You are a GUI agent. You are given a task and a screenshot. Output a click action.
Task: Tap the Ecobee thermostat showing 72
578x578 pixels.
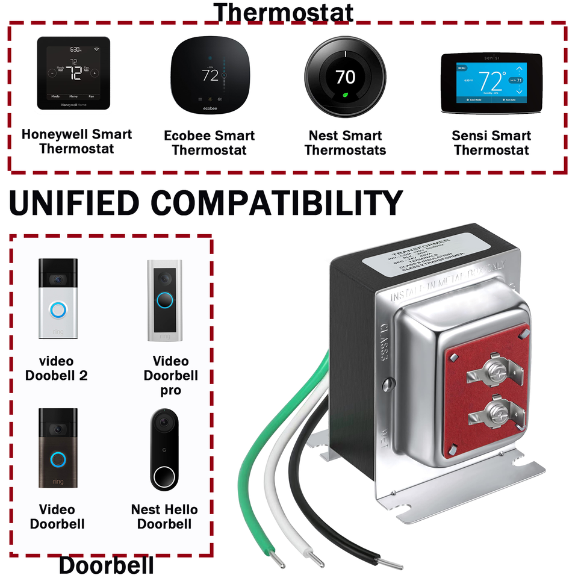click(x=210, y=73)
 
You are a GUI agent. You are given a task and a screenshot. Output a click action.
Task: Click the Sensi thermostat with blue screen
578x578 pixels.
click(x=491, y=82)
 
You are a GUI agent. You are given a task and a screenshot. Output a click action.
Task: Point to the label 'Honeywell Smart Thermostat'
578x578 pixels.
click(x=76, y=141)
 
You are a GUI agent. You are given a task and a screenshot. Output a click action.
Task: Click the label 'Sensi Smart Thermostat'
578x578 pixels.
click(x=491, y=143)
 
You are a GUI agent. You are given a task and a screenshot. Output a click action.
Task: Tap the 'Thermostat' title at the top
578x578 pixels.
click(x=283, y=12)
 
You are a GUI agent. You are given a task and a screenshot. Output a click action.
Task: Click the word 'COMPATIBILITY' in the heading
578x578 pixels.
click(x=276, y=203)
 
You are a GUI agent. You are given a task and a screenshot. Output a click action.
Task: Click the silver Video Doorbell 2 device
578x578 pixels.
click(x=58, y=300)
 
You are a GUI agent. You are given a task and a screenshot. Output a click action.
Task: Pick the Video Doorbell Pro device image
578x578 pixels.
click(x=164, y=300)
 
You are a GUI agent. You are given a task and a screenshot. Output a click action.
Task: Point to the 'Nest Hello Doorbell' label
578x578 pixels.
click(x=164, y=517)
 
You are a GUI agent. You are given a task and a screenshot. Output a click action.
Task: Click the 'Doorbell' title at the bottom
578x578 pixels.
click(x=106, y=565)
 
